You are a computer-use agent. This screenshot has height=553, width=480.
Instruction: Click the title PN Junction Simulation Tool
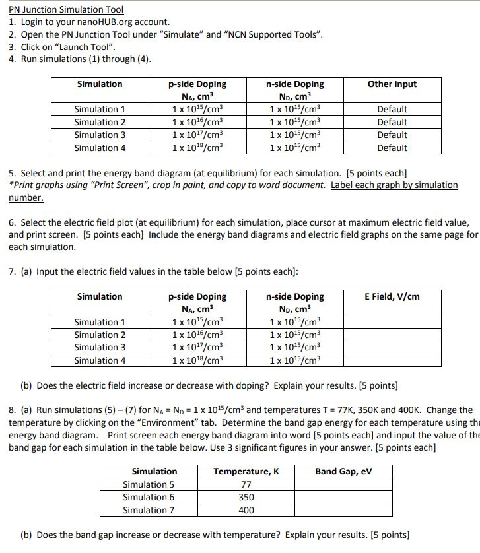tap(66, 9)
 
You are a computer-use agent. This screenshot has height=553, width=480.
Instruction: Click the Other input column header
tap(392, 84)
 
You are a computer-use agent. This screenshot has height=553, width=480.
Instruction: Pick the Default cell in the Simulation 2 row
tap(392, 122)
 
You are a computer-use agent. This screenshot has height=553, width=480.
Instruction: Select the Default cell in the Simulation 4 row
tap(392, 148)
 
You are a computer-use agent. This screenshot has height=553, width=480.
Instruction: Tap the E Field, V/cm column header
tap(392, 296)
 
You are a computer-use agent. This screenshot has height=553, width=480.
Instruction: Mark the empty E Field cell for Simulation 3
tap(392, 348)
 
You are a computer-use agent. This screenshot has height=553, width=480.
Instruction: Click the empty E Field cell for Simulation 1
tap(392, 322)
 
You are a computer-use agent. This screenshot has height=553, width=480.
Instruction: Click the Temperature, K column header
tap(246, 471)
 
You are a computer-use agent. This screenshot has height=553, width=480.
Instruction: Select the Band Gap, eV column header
tap(343, 471)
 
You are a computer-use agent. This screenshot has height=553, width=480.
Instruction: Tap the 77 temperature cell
tap(246, 484)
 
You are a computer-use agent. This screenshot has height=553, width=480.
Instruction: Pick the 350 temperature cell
tap(246, 498)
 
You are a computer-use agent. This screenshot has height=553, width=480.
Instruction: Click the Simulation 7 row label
tap(149, 510)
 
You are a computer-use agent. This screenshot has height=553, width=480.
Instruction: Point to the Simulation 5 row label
tap(149, 484)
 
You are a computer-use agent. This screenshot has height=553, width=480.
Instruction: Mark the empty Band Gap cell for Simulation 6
tap(343, 498)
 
